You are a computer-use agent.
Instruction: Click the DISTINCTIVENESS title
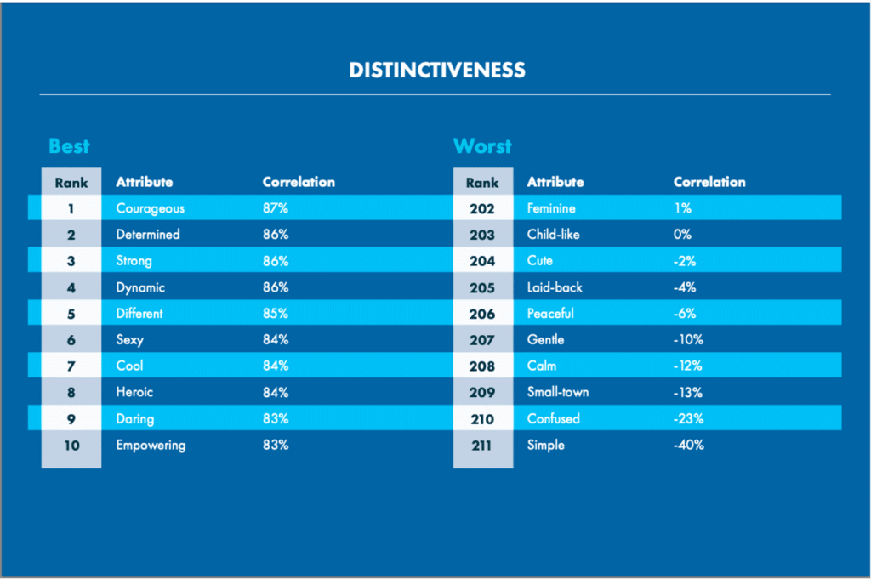coord(437,70)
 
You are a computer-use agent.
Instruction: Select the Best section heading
coord(69,146)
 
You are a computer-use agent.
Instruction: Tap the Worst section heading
coord(482,146)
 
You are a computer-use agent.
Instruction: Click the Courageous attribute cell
coord(150,208)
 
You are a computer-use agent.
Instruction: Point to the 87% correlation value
coord(276,208)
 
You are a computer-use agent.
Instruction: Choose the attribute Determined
coord(148,235)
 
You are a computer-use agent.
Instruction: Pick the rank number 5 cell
coord(71,314)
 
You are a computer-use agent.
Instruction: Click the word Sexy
coord(129,340)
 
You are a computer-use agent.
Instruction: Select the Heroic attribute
coord(134,392)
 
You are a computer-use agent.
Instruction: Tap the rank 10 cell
coord(71,446)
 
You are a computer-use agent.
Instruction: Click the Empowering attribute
coord(151,446)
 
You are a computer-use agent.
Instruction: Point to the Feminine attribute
coord(551,208)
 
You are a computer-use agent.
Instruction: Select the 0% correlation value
coord(682,235)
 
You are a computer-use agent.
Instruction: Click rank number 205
coord(482,287)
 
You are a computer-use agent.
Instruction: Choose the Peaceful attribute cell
coord(550,314)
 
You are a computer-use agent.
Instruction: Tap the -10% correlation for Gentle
coord(688,340)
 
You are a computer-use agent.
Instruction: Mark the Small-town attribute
coord(558,392)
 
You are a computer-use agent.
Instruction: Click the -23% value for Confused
coord(688,418)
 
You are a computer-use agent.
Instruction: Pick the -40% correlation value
coord(688,445)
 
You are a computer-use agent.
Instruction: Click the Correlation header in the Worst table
coord(709,182)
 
